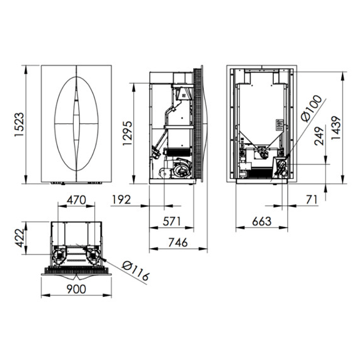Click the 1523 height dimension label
(19, 124)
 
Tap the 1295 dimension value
(127, 133)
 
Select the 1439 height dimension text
(336, 127)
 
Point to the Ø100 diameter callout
(312, 108)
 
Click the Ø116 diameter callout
(136, 271)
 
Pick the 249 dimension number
(319, 136)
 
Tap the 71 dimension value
(311, 200)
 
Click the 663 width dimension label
(262, 221)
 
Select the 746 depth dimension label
(178, 242)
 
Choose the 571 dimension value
(172, 221)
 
